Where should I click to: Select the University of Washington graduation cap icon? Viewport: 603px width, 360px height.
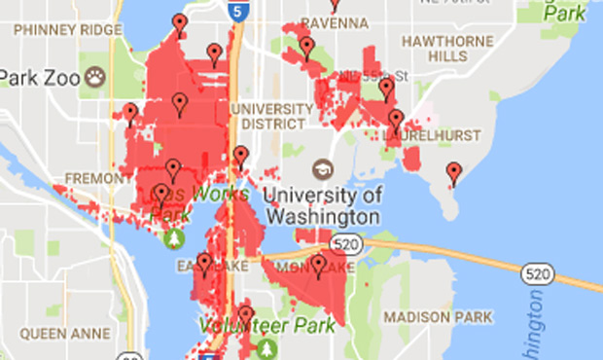321,168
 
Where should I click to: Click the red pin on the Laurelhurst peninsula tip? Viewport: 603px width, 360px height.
453,173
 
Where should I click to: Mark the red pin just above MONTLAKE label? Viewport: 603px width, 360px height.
318,264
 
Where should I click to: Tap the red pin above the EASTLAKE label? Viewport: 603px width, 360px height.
203,262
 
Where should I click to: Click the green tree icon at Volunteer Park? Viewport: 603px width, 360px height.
267,347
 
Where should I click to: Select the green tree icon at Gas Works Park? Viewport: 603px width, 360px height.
175,236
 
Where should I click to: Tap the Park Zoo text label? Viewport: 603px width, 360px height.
37,77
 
